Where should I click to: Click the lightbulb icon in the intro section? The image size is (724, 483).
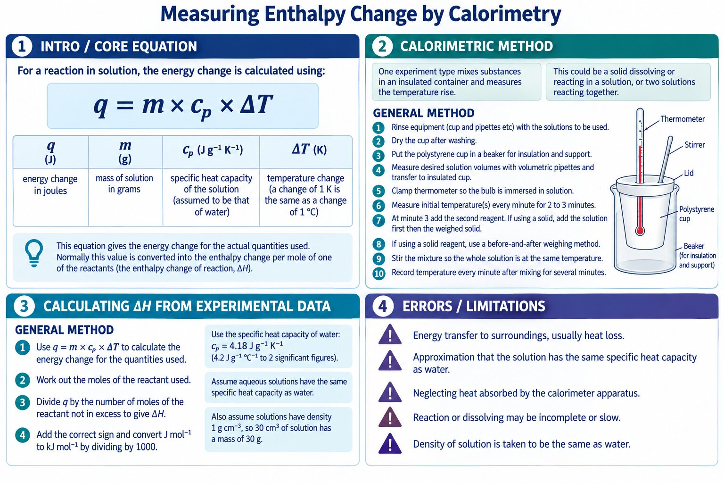tap(34, 253)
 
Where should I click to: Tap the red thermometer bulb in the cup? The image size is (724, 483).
tap(640, 231)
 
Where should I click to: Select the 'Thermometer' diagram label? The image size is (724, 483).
tap(683, 119)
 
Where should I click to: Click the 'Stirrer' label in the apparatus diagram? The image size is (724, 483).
tap(695, 145)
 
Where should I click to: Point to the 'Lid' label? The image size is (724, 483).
tap(689, 173)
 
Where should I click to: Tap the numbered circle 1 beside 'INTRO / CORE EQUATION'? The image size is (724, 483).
tap(22, 46)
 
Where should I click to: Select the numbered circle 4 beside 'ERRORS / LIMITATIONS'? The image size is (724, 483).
tap(383, 306)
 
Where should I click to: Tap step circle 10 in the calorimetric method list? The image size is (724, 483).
tap(379, 274)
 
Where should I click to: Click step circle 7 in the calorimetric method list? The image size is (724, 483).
tap(378, 221)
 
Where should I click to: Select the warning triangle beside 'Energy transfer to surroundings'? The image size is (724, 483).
tap(390, 334)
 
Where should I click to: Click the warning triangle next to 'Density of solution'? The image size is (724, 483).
tap(390, 443)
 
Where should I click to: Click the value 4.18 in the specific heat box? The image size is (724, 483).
tap(238, 346)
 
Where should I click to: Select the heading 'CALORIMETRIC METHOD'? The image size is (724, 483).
tap(477, 46)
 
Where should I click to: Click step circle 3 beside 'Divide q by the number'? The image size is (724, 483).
tap(22, 402)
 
